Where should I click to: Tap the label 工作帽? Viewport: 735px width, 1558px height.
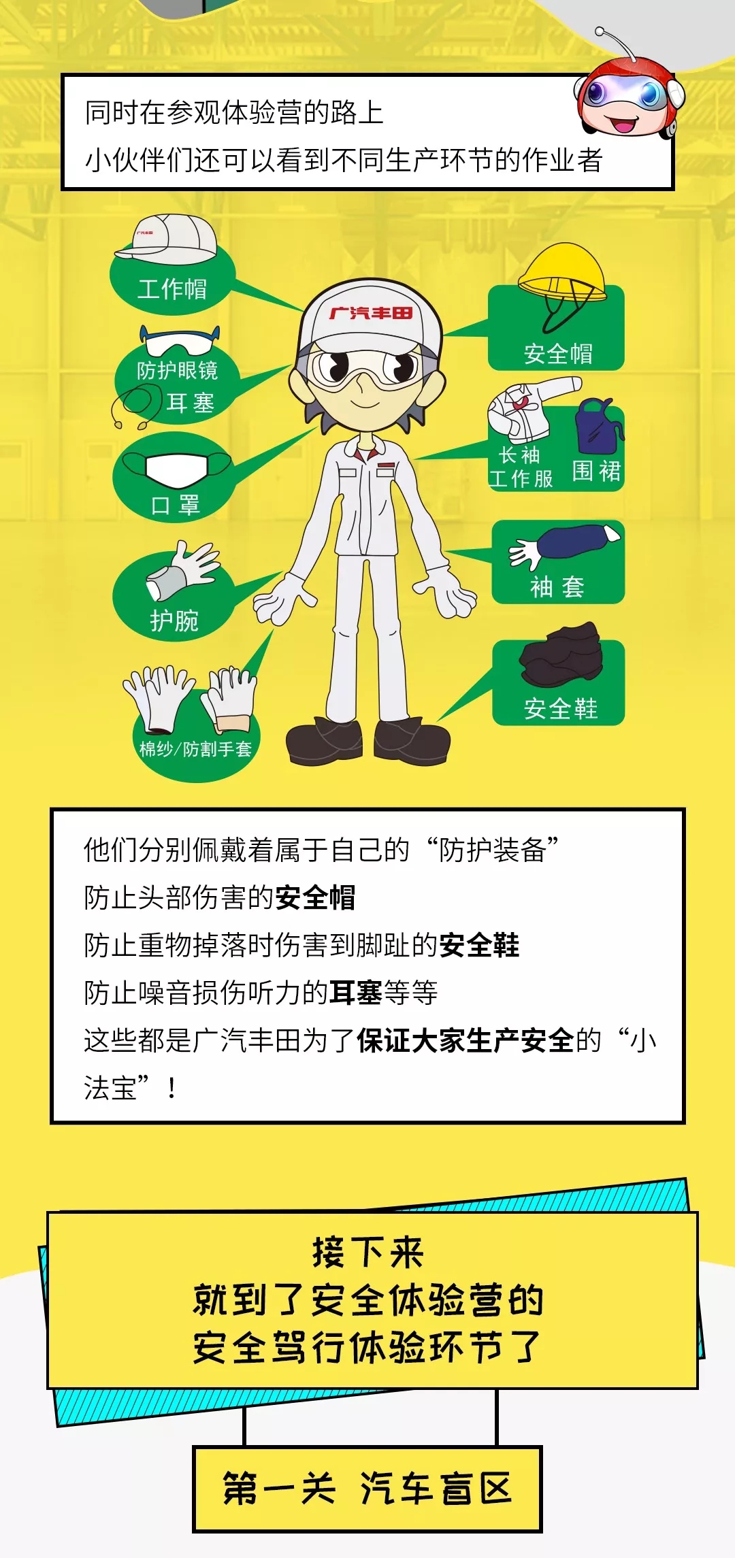(172, 289)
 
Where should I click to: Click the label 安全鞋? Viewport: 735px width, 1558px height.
(561, 709)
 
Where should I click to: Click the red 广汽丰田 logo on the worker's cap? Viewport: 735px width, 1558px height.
(371, 313)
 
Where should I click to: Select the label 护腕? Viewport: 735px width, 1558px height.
(174, 621)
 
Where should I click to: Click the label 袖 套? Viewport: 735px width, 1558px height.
(557, 586)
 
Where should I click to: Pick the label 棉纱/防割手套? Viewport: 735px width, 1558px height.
(195, 749)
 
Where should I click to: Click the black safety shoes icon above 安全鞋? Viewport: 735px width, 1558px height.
(561, 654)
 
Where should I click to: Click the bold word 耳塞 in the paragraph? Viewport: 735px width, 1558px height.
(356, 993)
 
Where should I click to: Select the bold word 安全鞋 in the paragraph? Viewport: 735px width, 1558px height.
(479, 945)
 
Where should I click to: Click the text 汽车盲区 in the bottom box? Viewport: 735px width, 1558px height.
(436, 1488)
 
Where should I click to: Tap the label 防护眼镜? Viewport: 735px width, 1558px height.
(177, 370)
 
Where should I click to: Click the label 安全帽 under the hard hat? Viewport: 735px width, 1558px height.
(558, 354)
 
